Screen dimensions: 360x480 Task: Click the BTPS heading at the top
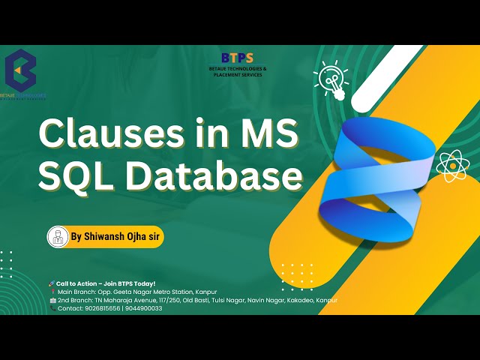[238, 58]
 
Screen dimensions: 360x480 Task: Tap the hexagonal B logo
[20, 70]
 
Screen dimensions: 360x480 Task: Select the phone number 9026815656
[102, 307]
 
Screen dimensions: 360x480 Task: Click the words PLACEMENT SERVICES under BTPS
[238, 74]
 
